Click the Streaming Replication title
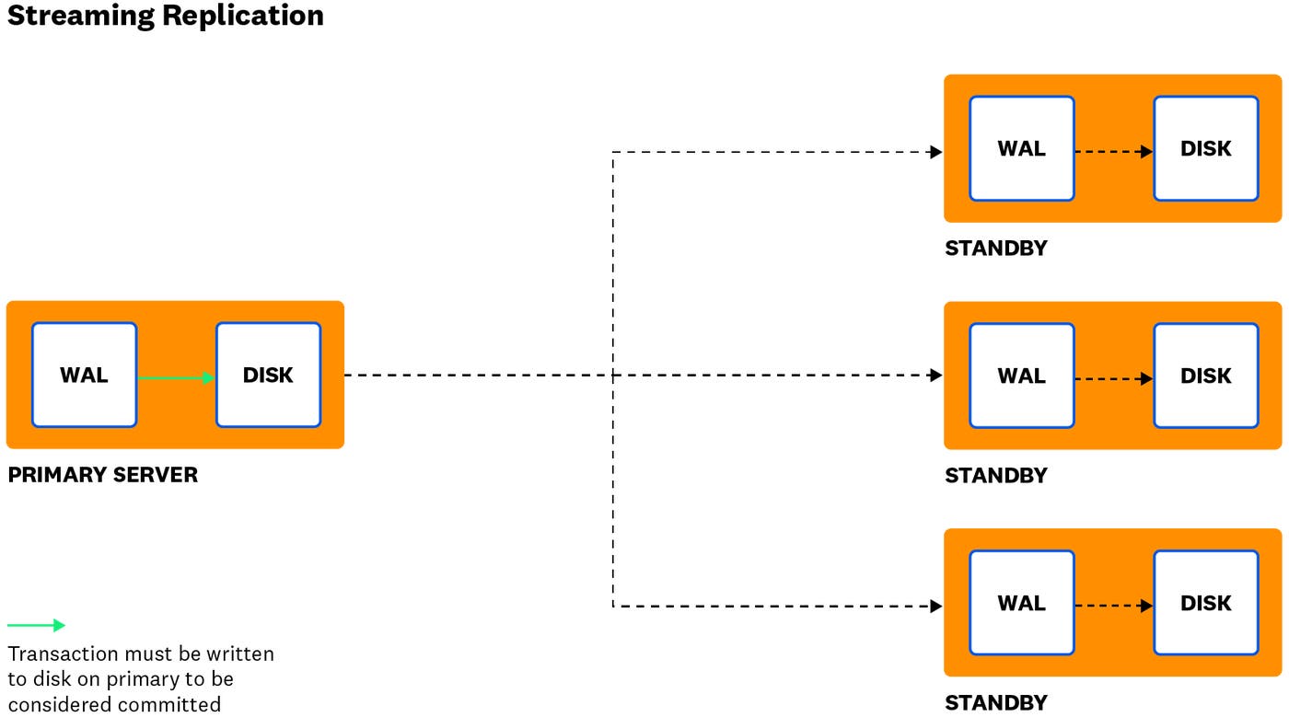click(x=166, y=16)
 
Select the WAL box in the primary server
click(x=84, y=375)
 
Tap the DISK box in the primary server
click(x=268, y=375)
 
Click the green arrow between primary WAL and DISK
click(x=176, y=376)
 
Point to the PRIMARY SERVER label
click(x=102, y=475)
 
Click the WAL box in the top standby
click(x=1021, y=148)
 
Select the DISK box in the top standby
click(x=1205, y=148)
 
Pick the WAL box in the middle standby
click(x=1021, y=376)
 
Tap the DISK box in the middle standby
click(x=1205, y=376)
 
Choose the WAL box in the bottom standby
click(x=1021, y=603)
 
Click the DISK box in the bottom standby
click(x=1205, y=603)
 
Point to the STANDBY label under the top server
click(x=995, y=249)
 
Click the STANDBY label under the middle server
click(x=995, y=476)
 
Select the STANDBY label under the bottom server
click(x=995, y=703)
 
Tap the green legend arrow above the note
click(x=37, y=626)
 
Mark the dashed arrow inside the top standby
click(x=1114, y=152)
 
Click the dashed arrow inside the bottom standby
click(x=1114, y=606)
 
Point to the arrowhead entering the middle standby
click(x=936, y=376)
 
